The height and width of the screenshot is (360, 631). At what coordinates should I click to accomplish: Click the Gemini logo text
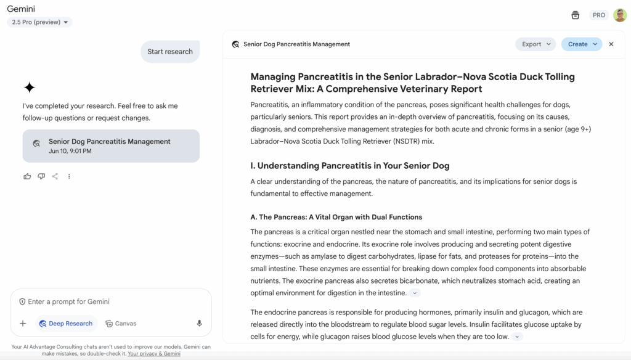click(x=21, y=9)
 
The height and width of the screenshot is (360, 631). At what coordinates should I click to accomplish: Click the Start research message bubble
click(x=170, y=52)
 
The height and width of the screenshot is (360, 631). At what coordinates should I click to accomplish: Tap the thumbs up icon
click(x=27, y=176)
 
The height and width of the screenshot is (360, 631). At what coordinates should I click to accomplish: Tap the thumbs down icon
click(x=41, y=176)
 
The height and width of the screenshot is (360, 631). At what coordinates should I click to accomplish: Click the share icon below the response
click(x=55, y=176)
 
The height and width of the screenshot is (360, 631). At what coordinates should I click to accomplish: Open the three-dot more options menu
click(x=69, y=176)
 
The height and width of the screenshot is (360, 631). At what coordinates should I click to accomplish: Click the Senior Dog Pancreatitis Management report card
click(x=111, y=145)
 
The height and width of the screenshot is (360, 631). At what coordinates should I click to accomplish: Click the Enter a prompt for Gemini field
click(x=111, y=301)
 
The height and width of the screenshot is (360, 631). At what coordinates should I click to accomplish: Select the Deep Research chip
click(x=66, y=323)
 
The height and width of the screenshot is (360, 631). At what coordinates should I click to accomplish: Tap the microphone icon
click(x=199, y=323)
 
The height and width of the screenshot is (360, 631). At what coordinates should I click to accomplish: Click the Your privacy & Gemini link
click(x=154, y=354)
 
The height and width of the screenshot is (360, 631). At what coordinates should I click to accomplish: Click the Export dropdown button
click(x=535, y=44)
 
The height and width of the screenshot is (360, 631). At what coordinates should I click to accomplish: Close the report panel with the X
click(x=611, y=44)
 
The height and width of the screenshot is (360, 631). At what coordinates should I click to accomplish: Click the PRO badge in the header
click(x=598, y=15)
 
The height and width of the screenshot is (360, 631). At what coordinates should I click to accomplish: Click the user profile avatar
click(x=620, y=15)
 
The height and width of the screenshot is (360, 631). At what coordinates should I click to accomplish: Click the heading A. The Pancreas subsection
click(x=336, y=217)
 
